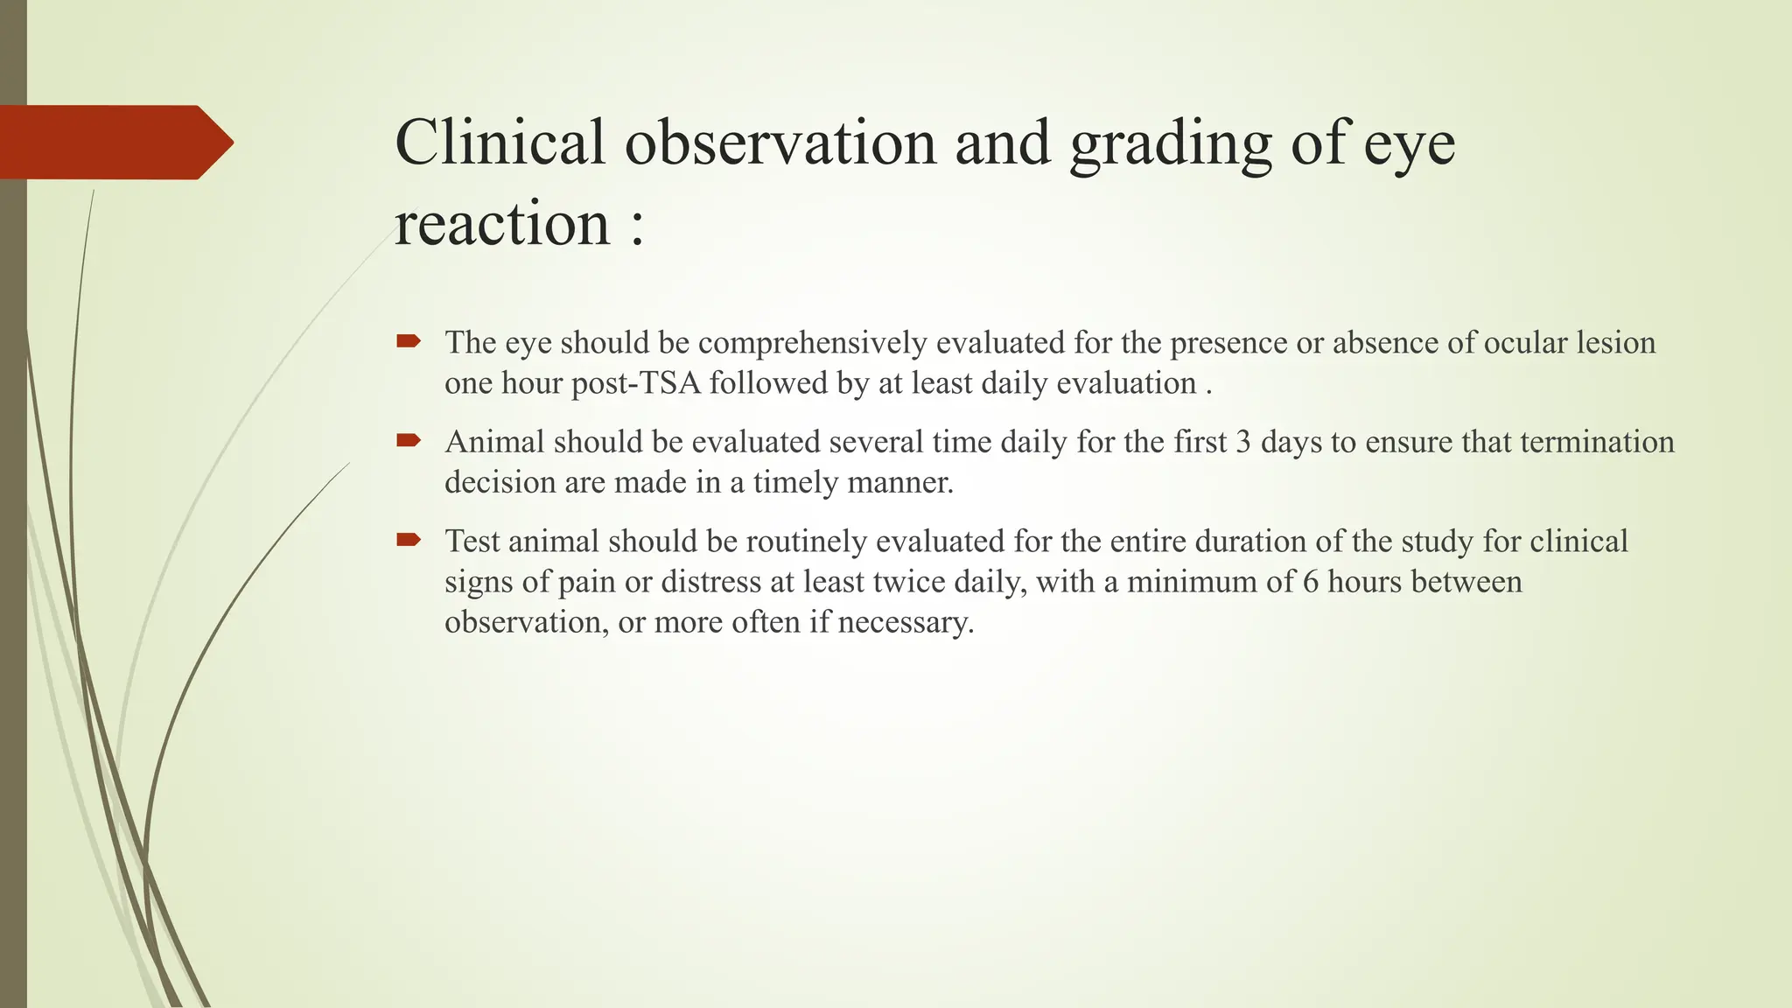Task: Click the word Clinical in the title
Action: (500, 143)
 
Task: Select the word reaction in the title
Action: (502, 224)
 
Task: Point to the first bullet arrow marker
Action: (409, 341)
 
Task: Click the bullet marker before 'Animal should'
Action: (409, 440)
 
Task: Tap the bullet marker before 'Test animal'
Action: (409, 540)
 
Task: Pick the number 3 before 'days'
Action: (1242, 442)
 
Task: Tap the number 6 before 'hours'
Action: (1310, 582)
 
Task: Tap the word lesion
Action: (1616, 343)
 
